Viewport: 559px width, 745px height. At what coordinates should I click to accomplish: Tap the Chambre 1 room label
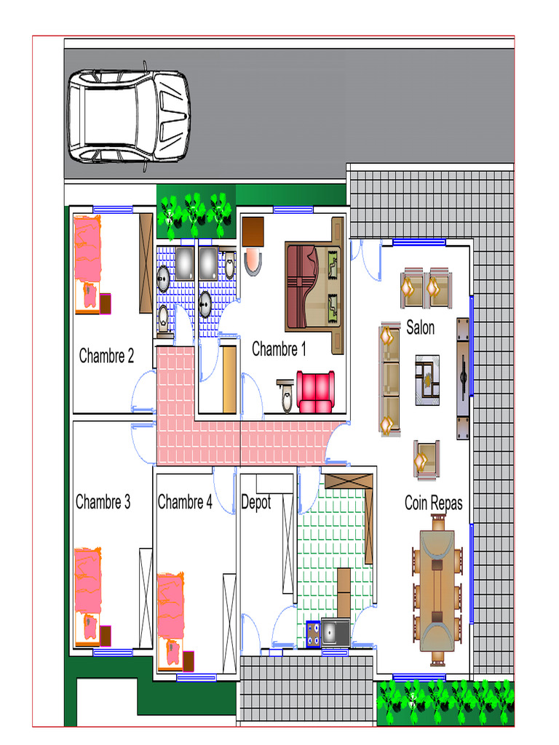[279, 348]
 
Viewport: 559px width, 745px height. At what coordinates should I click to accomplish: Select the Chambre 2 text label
[106, 355]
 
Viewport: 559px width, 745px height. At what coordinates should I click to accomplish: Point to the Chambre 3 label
[103, 502]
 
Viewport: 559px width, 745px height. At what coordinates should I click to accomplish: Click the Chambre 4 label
[185, 502]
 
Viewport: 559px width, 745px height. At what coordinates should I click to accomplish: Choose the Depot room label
[255, 503]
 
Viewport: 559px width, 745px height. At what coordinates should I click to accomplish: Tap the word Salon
[420, 327]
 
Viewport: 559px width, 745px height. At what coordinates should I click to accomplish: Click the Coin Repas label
[434, 503]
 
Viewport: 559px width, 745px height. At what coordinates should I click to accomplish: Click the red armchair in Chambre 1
[315, 392]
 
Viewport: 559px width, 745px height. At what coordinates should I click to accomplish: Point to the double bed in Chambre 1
[313, 286]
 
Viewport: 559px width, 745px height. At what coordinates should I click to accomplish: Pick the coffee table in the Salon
[427, 380]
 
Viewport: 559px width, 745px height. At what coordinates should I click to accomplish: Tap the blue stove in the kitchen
[313, 634]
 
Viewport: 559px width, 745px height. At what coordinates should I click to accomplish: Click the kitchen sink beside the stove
[335, 632]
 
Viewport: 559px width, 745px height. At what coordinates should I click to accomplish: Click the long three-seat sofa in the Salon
[390, 380]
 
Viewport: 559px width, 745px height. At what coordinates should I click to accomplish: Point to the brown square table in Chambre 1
[253, 232]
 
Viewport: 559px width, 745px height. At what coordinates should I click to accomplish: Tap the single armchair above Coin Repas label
[426, 459]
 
